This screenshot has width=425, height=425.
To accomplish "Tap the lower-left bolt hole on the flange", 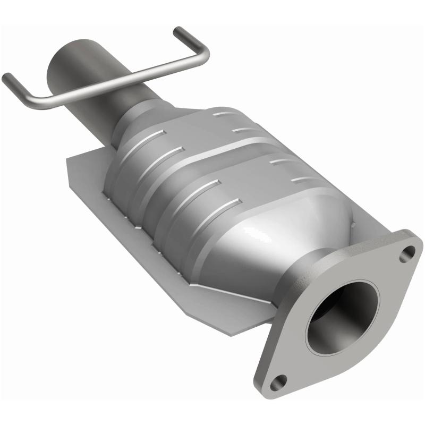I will (278, 380).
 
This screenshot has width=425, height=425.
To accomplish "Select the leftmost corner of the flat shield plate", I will (67, 160).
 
